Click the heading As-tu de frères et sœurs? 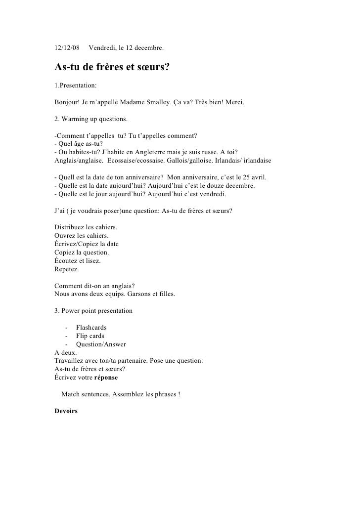click(112, 67)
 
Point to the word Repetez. click(66, 269)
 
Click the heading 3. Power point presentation click(93, 311)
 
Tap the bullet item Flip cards click(90, 336)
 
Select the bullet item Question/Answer click(101, 344)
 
